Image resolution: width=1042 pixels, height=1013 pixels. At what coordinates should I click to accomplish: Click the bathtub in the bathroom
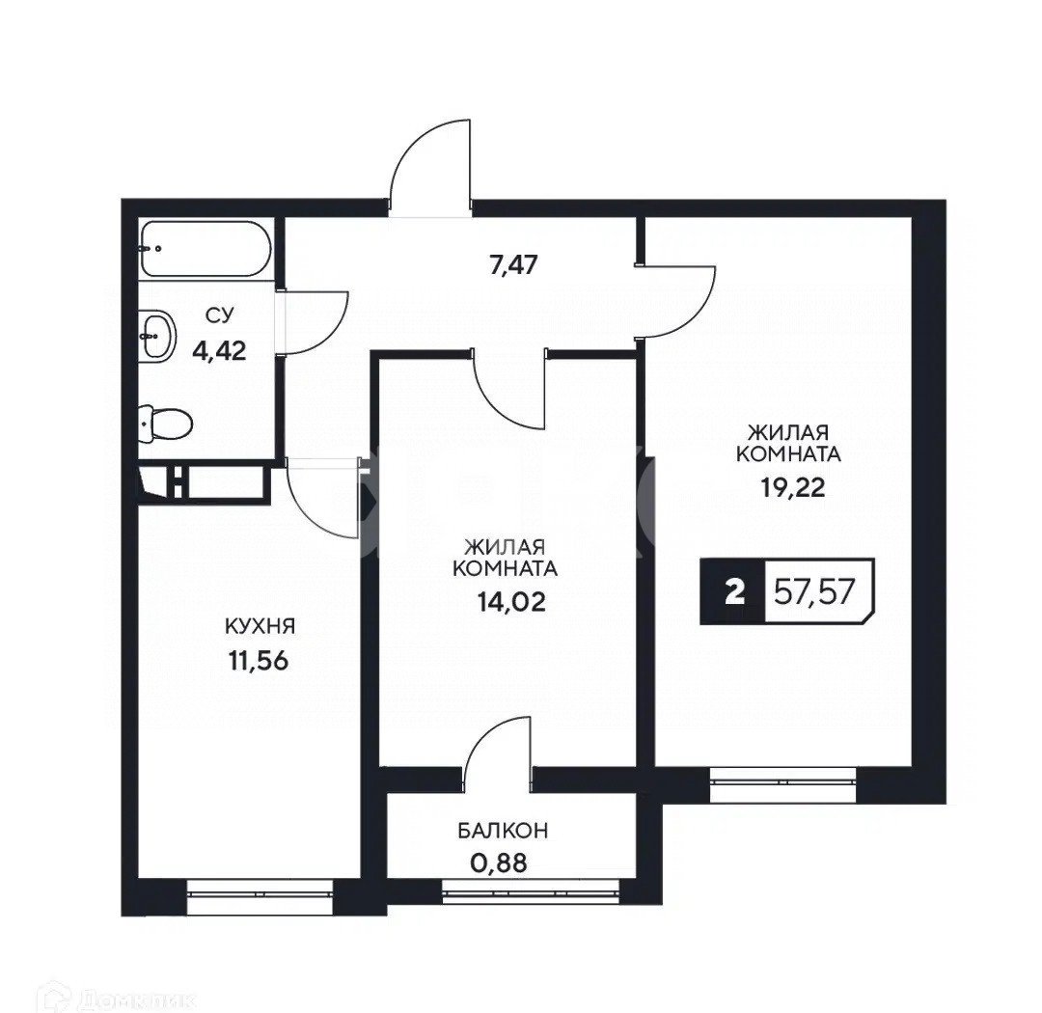[204, 250]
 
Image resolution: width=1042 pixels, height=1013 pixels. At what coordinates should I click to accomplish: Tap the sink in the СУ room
[157, 335]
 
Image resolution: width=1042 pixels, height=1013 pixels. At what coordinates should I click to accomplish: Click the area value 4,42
[220, 348]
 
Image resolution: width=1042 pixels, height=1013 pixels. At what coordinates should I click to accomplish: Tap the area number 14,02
[510, 602]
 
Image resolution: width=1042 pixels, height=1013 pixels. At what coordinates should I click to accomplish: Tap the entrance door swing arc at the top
[425, 154]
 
